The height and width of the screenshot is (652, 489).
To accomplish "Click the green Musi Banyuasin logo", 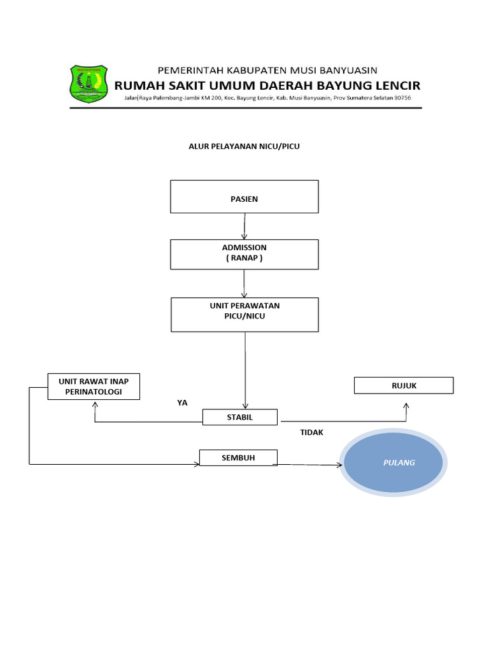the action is pos(89,83).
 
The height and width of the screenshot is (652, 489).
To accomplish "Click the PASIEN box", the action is pos(244,197).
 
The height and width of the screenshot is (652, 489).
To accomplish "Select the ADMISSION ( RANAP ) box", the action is pos(244,255).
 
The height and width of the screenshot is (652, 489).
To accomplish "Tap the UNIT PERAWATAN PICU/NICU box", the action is pos(245,315).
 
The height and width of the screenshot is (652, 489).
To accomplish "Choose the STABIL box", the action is pos(240,417).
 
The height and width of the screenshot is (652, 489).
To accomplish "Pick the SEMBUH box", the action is pos(238,458).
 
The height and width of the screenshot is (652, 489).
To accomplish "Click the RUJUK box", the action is pos(404,385).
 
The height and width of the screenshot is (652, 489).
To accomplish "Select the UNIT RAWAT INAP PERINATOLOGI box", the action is pos(94,386).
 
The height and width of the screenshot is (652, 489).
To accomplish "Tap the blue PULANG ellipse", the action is pos(393,462).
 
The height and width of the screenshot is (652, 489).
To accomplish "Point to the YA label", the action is pos(182,402).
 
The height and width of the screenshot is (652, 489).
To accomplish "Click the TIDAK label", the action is pos(311,432).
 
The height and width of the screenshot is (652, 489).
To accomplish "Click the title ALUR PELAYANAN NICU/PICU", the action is pos(244,146).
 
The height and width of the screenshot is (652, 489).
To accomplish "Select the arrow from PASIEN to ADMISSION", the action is pos(244,227).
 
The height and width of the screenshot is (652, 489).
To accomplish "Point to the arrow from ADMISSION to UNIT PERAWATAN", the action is pos(244,283).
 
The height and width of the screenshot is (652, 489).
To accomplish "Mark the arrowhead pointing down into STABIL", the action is pos(245,406).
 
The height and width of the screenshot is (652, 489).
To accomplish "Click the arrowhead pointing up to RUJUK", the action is pos(406,406).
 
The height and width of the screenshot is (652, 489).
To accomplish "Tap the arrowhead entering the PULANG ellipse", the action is pos(339,465).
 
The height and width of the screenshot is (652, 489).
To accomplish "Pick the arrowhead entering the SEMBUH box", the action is pos(197,464).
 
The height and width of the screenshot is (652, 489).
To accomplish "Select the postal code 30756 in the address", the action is pos(402,97).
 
